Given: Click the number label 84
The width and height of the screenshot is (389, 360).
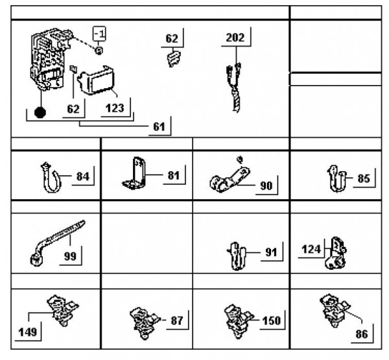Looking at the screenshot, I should [83, 176].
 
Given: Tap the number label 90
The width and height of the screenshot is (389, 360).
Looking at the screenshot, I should [266, 186].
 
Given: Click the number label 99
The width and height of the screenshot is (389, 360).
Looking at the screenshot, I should [70, 256].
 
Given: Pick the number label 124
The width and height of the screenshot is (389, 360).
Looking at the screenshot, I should [312, 248].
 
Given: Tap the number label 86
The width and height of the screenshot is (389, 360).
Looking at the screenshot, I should [362, 335].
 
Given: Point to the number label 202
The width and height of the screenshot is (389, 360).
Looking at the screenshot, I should [235, 38].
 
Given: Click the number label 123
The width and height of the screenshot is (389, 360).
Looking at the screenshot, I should [114, 108].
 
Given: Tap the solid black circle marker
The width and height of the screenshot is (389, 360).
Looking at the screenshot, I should [41, 112].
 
